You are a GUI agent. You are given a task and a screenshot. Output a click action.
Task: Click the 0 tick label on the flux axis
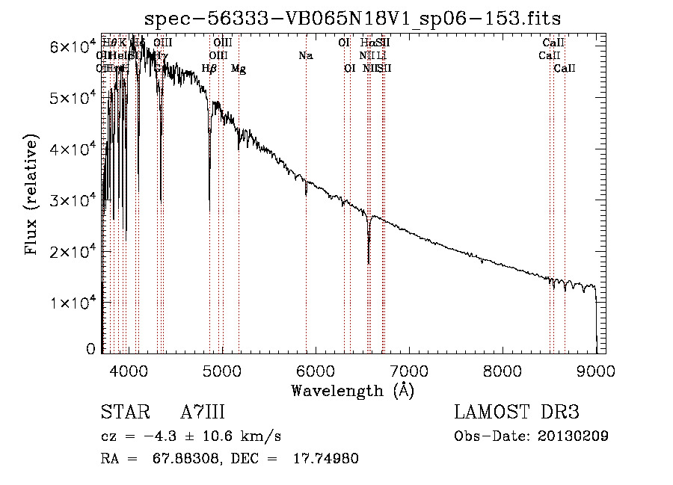click(91, 348)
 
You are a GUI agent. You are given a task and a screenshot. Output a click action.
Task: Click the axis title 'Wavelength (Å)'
click(352, 390)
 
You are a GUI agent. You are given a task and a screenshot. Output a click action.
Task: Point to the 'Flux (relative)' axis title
click(32, 195)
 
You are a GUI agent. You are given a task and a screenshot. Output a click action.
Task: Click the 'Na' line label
click(305, 55)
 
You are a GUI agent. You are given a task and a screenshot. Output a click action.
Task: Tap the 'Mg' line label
click(238, 69)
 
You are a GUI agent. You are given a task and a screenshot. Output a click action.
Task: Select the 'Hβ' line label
click(209, 69)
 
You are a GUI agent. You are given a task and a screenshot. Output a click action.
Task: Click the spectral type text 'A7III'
click(203, 413)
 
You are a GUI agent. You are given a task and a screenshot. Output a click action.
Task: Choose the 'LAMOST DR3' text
click(516, 413)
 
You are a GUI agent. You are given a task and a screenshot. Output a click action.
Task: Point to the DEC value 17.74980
click(325, 459)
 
